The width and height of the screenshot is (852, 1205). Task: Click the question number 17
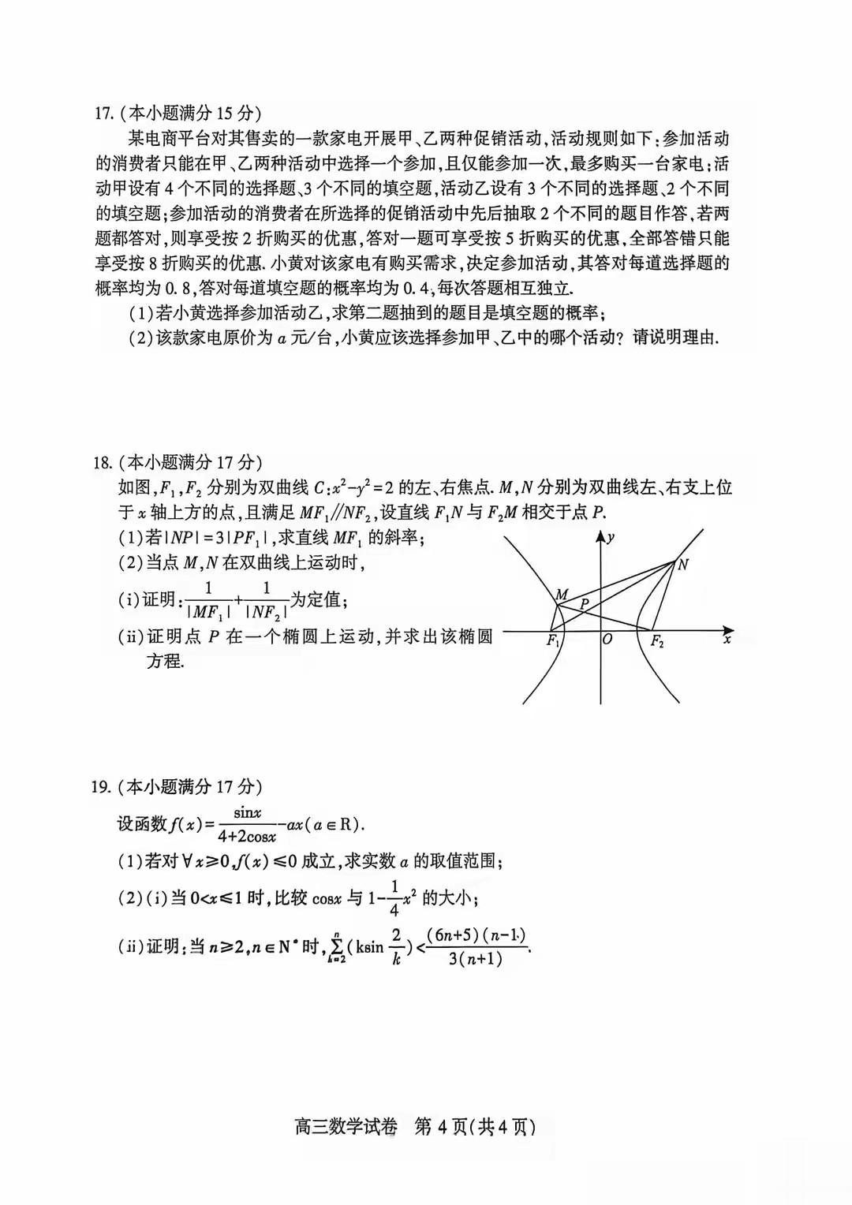pyautogui.click(x=103, y=114)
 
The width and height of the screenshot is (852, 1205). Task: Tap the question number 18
pyautogui.click(x=103, y=463)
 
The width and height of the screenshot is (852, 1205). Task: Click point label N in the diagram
pyautogui.click(x=683, y=564)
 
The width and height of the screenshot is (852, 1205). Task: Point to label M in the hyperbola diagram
pyautogui.click(x=562, y=594)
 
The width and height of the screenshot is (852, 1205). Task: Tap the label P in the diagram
pyautogui.click(x=585, y=604)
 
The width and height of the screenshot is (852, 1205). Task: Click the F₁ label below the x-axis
pyautogui.click(x=554, y=641)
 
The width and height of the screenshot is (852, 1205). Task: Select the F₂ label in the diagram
pyautogui.click(x=656, y=642)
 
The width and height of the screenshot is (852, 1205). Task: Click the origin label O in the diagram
pyautogui.click(x=607, y=640)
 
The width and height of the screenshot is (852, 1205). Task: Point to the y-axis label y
pyautogui.click(x=611, y=538)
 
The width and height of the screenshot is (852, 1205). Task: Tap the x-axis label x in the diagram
pyautogui.click(x=727, y=639)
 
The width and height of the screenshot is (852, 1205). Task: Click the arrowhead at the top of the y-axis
pyautogui.click(x=601, y=537)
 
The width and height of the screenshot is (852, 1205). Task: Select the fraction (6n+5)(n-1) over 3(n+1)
pyautogui.click(x=476, y=946)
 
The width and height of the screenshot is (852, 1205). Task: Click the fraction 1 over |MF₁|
pyautogui.click(x=208, y=600)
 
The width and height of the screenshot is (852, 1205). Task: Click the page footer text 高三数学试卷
pyautogui.click(x=346, y=1127)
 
